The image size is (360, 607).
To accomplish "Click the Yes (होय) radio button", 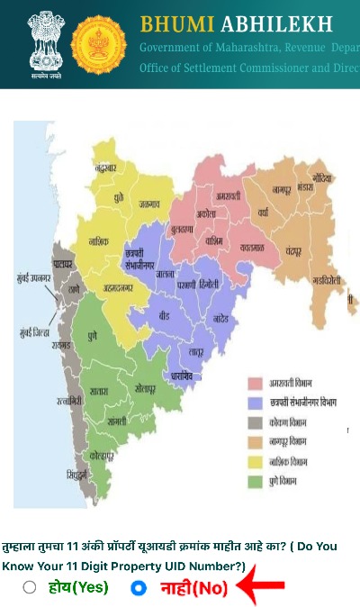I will click(x=30, y=588).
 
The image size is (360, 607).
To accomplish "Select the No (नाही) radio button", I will click(x=139, y=588).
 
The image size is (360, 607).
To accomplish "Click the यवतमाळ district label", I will click(x=246, y=246).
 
